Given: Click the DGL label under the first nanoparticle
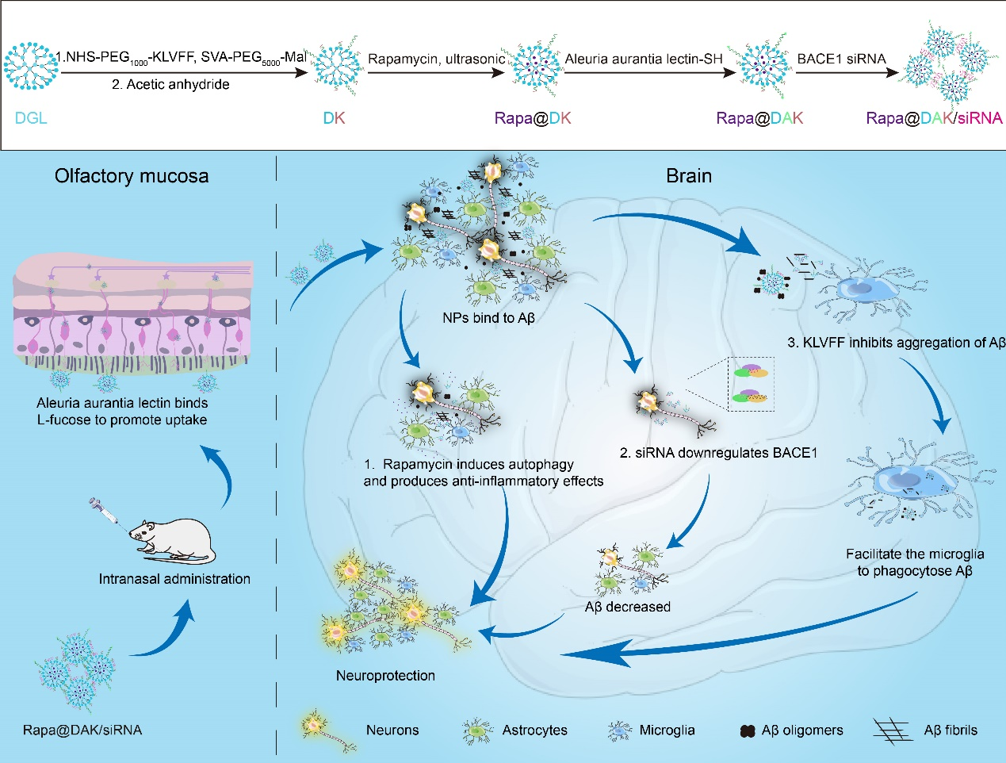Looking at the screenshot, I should tap(31, 118).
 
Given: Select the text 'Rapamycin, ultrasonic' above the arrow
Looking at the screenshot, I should tap(436, 59).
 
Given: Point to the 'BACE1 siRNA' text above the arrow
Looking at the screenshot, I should tap(841, 59).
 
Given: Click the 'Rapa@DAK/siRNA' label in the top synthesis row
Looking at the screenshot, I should tap(934, 118).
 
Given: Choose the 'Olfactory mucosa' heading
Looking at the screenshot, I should tap(132, 176).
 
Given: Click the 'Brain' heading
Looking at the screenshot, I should tap(689, 176).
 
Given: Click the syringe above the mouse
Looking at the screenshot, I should tap(105, 512).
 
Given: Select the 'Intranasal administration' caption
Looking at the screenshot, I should tap(174, 579).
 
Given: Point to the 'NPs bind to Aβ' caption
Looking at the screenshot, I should tap(488, 319).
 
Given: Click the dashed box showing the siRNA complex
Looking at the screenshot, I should tap(751, 384).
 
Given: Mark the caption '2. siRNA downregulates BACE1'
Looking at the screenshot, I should tap(718, 453).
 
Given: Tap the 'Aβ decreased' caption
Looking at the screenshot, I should tap(627, 607).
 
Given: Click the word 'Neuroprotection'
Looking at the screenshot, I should tap(385, 676).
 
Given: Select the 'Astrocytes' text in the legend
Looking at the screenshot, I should tap(534, 730).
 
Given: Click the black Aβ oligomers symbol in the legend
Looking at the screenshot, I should tap(747, 731).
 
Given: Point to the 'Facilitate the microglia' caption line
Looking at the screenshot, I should tap(915, 554).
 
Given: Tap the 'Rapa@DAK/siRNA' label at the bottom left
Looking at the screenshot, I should tap(82, 730).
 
